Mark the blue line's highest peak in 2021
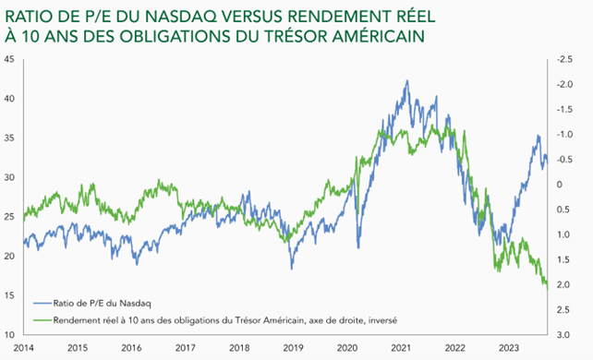coord(407,80)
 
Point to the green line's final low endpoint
coord(548,288)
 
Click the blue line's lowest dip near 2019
coord(292,269)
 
